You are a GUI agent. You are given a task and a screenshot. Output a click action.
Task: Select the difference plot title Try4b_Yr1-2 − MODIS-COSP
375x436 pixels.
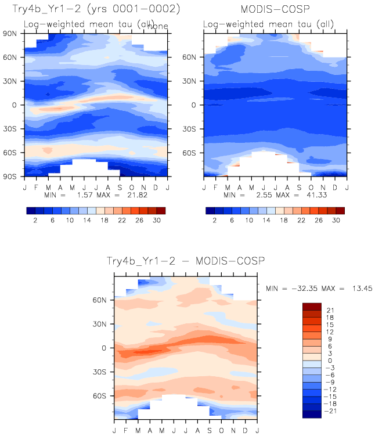[x=185, y=262]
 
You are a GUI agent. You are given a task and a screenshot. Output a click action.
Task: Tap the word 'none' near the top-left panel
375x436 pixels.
[x=157, y=26]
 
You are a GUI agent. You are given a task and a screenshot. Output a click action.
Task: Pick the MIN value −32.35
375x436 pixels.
[x=298, y=288]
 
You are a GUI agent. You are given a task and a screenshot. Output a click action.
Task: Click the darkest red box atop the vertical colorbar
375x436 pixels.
[x=312, y=306]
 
